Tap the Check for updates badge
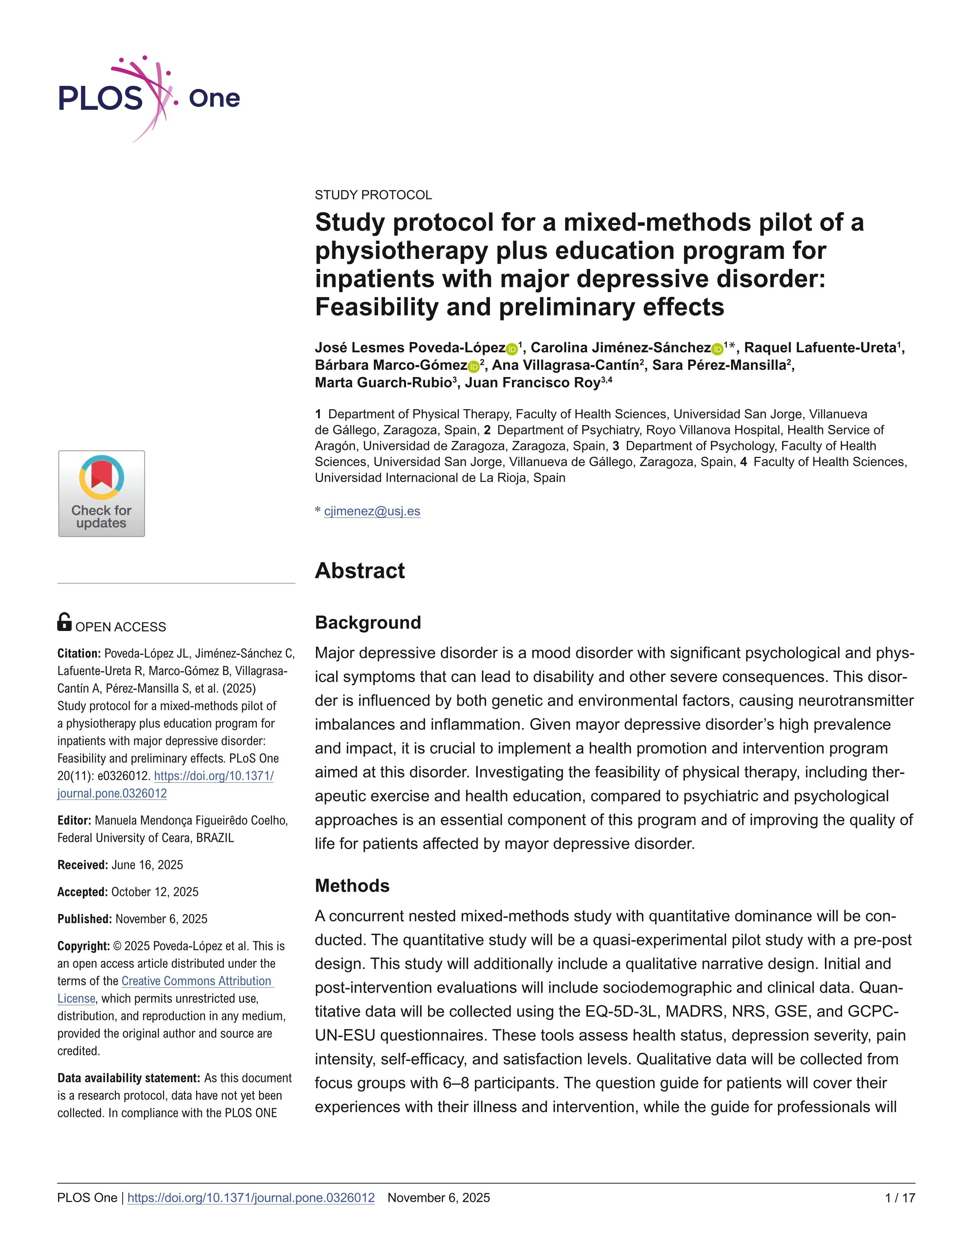click(x=101, y=493)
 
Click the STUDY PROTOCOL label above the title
click(x=373, y=195)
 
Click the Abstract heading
click(x=360, y=571)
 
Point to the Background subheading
click(x=368, y=622)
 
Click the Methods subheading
click(x=352, y=885)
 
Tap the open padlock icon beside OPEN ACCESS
click(x=64, y=622)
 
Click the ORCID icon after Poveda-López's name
click(x=511, y=349)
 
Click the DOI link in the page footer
click(x=251, y=1198)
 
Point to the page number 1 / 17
click(x=899, y=1198)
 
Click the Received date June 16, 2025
click(x=147, y=865)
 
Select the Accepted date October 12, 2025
click(x=155, y=892)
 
